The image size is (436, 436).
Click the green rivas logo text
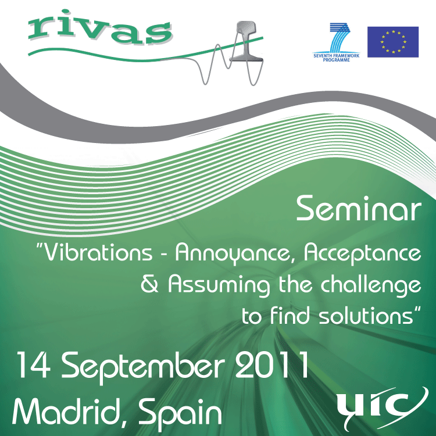click(x=99, y=28)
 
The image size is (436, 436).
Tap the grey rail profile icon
click(x=246, y=41)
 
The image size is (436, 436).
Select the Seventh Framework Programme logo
click(x=337, y=42)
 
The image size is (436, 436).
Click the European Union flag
click(x=393, y=42)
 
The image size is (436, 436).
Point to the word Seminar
click(x=359, y=209)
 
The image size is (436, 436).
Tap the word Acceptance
click(x=362, y=253)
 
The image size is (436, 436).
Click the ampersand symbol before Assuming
click(x=149, y=284)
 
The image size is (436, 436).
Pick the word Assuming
click(x=219, y=285)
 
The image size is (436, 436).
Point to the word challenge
click(x=371, y=285)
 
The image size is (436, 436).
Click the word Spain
click(x=180, y=413)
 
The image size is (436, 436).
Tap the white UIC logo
click(x=383, y=408)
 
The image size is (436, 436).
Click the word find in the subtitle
click(x=290, y=315)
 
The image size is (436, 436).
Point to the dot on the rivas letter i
click(x=65, y=12)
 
